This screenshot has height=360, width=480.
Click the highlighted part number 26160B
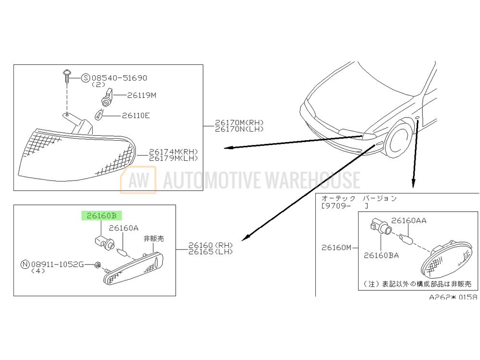(101, 216)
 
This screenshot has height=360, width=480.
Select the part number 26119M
(142, 96)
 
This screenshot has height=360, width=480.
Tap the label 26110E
(136, 116)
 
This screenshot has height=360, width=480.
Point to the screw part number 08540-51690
(120, 78)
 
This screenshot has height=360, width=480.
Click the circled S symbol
(86, 78)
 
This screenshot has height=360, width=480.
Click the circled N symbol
(25, 264)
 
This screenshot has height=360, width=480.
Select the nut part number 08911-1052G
(57, 264)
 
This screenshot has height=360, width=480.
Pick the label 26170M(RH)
(239, 122)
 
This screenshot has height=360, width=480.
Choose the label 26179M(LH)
(173, 158)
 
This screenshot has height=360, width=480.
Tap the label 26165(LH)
(211, 252)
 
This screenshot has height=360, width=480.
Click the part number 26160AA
(408, 221)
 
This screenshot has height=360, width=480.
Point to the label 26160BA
(381, 255)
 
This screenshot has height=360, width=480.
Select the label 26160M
(336, 247)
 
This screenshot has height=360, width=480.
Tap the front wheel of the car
(398, 140)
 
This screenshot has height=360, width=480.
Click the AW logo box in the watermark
(138, 180)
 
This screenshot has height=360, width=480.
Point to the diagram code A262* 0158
(453, 297)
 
